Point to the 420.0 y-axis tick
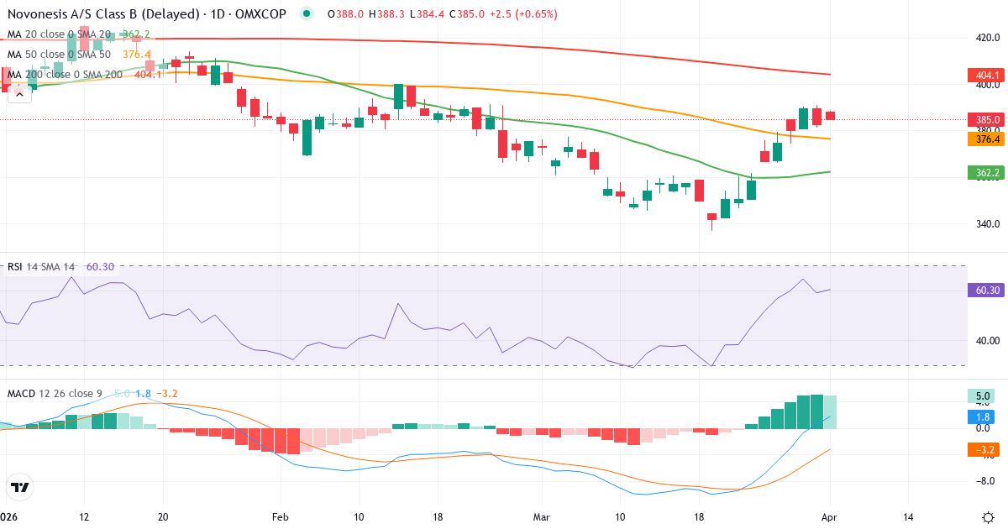point(987,38)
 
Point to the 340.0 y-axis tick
point(987,224)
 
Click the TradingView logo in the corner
point(20,487)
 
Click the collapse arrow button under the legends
point(20,94)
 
